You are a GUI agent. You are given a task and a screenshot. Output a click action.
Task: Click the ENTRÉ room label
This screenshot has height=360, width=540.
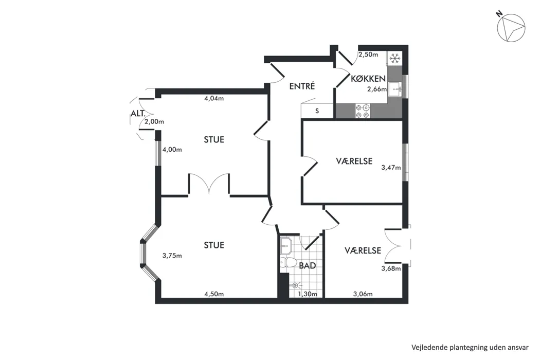point(302,86)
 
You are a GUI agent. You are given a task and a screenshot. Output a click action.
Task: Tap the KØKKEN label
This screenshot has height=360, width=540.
point(368,79)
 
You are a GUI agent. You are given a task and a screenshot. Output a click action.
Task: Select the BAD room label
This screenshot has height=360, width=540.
point(307,265)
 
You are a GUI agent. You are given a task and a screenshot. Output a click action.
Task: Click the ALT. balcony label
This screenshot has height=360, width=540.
point(138,113)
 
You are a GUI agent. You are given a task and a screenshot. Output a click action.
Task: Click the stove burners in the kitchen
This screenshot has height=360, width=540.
point(363,111)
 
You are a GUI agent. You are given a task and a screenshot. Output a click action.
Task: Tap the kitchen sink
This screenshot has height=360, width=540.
point(395,89)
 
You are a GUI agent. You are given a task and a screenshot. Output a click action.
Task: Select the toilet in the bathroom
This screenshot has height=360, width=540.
point(288,262)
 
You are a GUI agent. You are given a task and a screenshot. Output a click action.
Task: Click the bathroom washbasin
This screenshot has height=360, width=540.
point(286,245)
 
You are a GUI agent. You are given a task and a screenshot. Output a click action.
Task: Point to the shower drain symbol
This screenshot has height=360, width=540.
point(295,285)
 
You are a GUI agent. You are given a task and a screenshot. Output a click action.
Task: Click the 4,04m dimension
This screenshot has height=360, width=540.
point(214,98)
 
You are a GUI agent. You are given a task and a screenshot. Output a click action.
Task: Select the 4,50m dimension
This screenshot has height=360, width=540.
point(214,294)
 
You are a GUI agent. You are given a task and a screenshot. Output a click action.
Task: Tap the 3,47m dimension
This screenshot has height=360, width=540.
point(391,168)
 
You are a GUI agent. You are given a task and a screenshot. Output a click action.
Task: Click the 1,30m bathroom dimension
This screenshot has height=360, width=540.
point(308,294)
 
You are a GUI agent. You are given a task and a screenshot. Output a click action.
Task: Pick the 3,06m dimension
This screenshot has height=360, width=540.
point(363,294)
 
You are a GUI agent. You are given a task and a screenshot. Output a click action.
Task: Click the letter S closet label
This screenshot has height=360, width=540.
point(317,111)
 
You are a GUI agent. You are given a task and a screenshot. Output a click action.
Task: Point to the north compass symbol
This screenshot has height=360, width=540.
point(511,28)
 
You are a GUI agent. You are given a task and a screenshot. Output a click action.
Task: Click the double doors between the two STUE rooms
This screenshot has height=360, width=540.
point(209,183)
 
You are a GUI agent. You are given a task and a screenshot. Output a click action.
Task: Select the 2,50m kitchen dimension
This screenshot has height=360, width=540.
point(368,55)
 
